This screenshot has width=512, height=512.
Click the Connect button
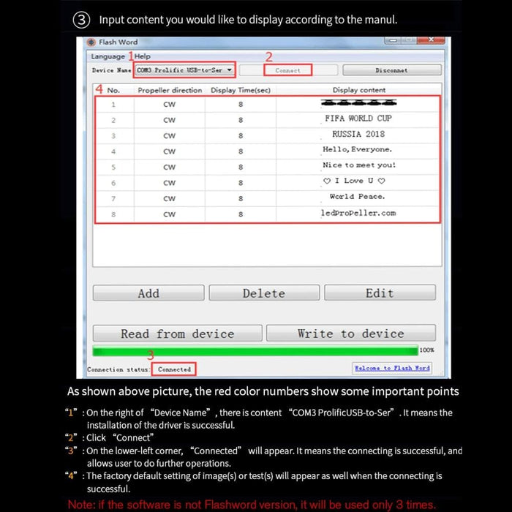288,70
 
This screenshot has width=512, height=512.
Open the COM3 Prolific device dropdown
184,70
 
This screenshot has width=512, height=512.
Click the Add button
148,293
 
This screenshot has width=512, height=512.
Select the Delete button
264,293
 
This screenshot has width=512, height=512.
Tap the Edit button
380,293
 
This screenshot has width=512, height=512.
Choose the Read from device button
177,334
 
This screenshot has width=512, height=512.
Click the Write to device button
350,334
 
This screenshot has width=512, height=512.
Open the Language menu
108,56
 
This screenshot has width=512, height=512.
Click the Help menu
143,56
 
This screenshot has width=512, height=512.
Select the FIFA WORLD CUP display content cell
358,118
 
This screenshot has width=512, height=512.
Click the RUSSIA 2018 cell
358,135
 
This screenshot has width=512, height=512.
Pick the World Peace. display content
358,197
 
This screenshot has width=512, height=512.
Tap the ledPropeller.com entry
358,213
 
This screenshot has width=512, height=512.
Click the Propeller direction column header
170,90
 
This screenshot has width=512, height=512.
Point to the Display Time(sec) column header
241,90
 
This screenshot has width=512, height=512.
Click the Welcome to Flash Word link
392,368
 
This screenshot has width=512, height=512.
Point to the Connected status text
175,369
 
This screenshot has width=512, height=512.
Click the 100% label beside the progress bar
427,350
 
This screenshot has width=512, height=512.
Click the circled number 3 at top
83,20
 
